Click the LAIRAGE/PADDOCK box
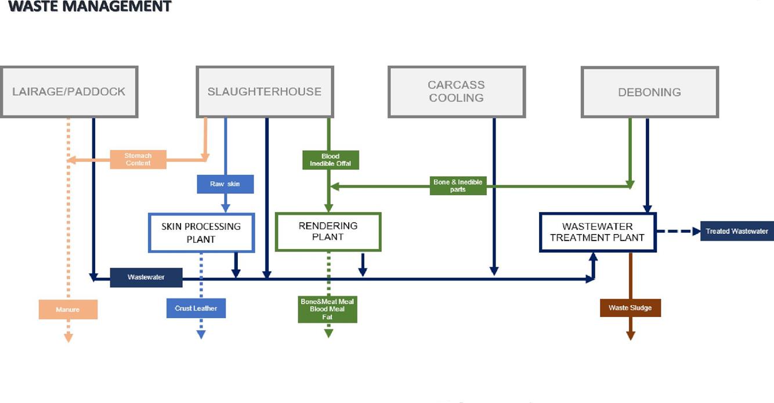[69, 92]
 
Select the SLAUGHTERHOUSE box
[265, 92]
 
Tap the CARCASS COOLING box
[456, 92]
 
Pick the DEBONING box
[649, 92]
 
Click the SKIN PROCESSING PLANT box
[201, 233]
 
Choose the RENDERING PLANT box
[328, 231]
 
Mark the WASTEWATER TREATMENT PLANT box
[597, 232]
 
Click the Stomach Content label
[138, 160]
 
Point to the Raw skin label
[225, 184]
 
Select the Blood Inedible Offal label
[331, 160]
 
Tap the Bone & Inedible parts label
[458, 186]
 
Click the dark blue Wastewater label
[146, 278]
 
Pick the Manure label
[68, 310]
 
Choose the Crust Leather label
[196, 308]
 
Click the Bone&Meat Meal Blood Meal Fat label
[327, 310]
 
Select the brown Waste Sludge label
[630, 308]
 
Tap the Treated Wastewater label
[737, 231]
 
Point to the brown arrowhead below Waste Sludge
[630, 336]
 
